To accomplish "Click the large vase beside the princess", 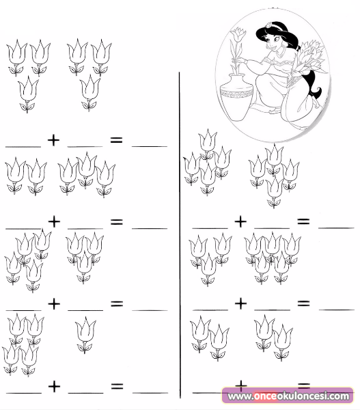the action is (236, 98).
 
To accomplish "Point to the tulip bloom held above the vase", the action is (238, 35).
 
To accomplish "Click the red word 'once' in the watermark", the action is (265, 396).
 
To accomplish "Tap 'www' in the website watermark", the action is (239, 396).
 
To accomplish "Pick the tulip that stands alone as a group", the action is (85, 335).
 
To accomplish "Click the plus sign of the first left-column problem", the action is (53, 140).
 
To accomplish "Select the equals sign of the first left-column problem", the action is (116, 140).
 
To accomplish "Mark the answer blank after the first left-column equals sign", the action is (150, 146).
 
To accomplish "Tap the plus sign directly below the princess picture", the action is (240, 221).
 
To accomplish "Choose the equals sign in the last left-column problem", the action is (117, 386).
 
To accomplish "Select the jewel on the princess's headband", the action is (268, 25).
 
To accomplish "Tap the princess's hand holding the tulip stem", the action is (243, 61).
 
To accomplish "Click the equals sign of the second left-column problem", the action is (116, 221).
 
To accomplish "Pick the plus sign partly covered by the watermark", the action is (240, 385).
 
